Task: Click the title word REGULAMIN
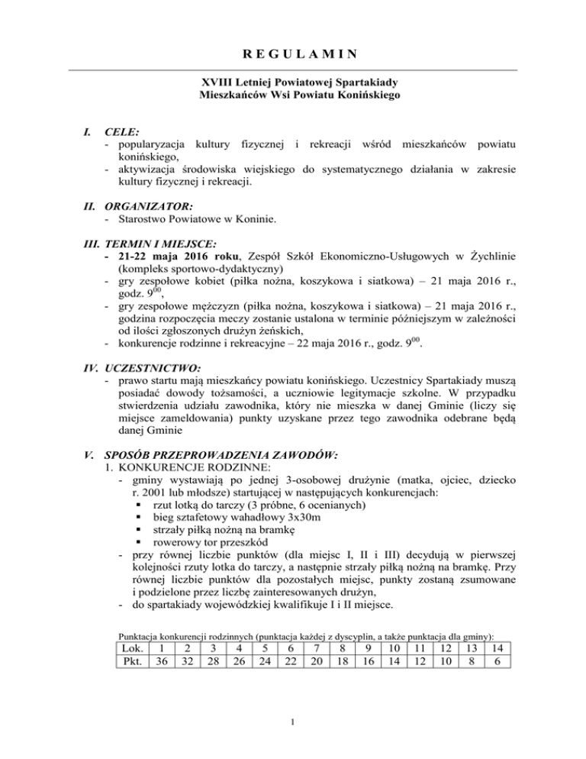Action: click(292, 54)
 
